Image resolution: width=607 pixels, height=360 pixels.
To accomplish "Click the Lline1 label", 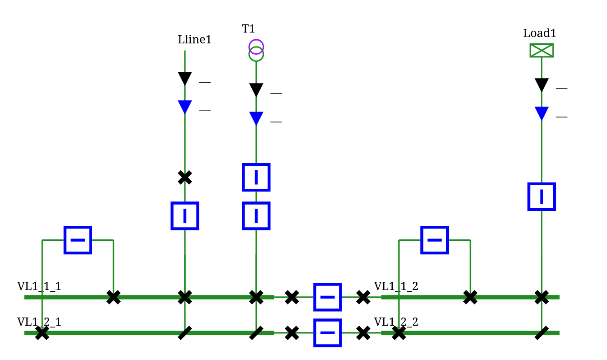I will point(194,40).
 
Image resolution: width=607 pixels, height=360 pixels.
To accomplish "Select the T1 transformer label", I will point(248,29).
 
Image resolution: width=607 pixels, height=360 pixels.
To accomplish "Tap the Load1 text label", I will point(539,33).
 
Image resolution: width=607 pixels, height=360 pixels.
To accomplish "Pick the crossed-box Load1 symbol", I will point(541,50).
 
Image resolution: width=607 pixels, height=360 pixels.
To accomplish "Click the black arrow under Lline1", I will point(184,79).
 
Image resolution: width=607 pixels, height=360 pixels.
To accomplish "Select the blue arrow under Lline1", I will point(184,107).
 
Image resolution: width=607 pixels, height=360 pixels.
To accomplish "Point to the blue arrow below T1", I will point(256,118).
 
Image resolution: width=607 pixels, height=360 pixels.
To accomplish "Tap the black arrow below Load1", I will point(541,85).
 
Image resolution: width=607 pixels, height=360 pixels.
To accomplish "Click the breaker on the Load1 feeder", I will point(541,196).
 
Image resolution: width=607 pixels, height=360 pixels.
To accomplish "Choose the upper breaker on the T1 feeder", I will point(256,177).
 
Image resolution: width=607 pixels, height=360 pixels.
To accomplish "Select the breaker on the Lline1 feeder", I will point(184,215).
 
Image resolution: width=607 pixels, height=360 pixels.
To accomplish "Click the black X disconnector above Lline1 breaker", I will point(184,178).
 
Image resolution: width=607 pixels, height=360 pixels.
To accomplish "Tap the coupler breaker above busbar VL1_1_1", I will point(78,240).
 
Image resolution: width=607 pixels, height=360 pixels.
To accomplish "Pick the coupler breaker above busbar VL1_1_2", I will point(434,240).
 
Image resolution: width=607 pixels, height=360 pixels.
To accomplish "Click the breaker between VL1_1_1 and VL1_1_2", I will point(327,297).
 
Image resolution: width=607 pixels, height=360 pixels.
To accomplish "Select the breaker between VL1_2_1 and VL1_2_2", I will point(327,332).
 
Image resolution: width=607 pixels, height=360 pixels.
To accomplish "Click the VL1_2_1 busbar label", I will point(39,322).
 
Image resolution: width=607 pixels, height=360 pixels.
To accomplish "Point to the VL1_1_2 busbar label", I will point(396,286).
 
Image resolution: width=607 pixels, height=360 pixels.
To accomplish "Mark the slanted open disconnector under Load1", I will point(541,333).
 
